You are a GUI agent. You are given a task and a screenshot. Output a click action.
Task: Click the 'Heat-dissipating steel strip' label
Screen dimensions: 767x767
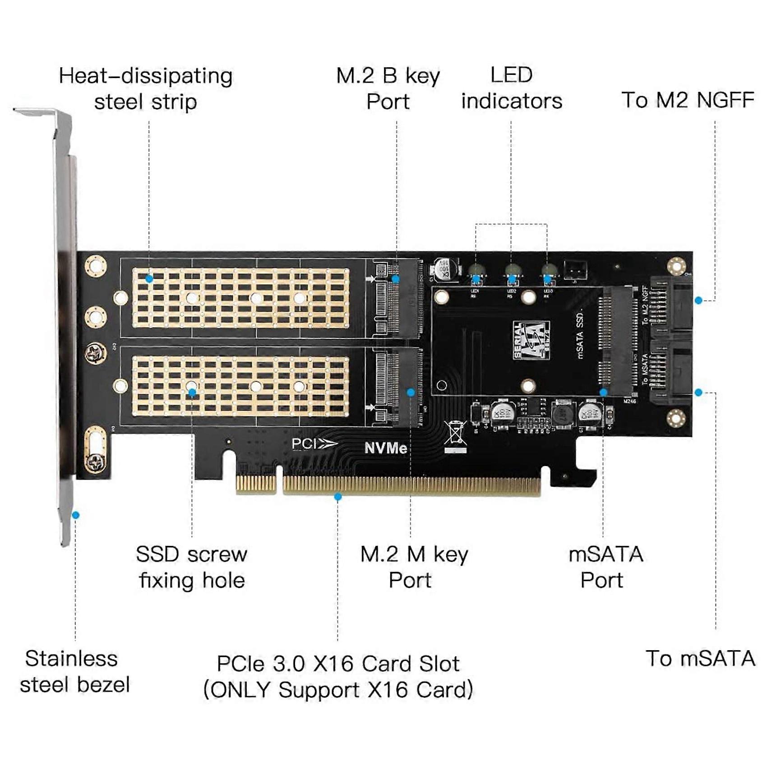(146, 88)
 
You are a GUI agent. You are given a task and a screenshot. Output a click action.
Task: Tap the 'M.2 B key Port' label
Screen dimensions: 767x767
(388, 88)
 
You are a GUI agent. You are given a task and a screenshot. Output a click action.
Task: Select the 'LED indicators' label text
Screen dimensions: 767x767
(512, 88)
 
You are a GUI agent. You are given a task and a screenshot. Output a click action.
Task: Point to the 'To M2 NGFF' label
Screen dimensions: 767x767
(688, 100)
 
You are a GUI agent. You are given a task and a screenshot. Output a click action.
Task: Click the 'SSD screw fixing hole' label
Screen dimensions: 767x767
(192, 567)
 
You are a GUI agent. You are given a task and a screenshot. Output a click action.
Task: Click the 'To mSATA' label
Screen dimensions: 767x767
(700, 659)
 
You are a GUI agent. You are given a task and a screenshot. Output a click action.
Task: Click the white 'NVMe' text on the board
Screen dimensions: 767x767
(386, 448)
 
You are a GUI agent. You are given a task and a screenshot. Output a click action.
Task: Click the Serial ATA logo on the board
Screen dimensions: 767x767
(531, 340)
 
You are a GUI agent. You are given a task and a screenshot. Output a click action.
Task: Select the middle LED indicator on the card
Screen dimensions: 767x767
(512, 271)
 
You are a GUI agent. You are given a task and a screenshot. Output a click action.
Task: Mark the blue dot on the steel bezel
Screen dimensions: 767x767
(76, 515)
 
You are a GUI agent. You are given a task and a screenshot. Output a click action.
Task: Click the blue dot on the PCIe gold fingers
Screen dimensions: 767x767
(337, 497)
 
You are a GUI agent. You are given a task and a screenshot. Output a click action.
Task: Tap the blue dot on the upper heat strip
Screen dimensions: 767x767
(149, 279)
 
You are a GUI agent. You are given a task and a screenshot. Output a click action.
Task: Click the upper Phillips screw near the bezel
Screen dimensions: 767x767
(96, 353)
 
